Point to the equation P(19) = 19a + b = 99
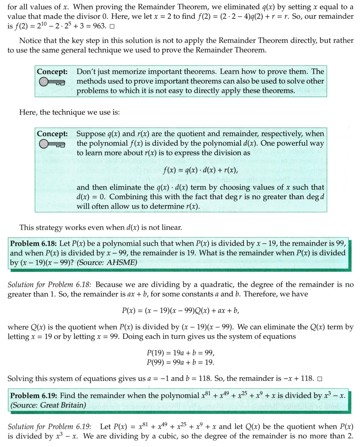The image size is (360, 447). (180, 353)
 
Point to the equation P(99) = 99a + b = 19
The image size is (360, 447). (180, 362)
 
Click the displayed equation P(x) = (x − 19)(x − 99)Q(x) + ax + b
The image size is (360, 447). (180, 311)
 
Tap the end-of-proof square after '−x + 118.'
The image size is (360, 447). (319, 378)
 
